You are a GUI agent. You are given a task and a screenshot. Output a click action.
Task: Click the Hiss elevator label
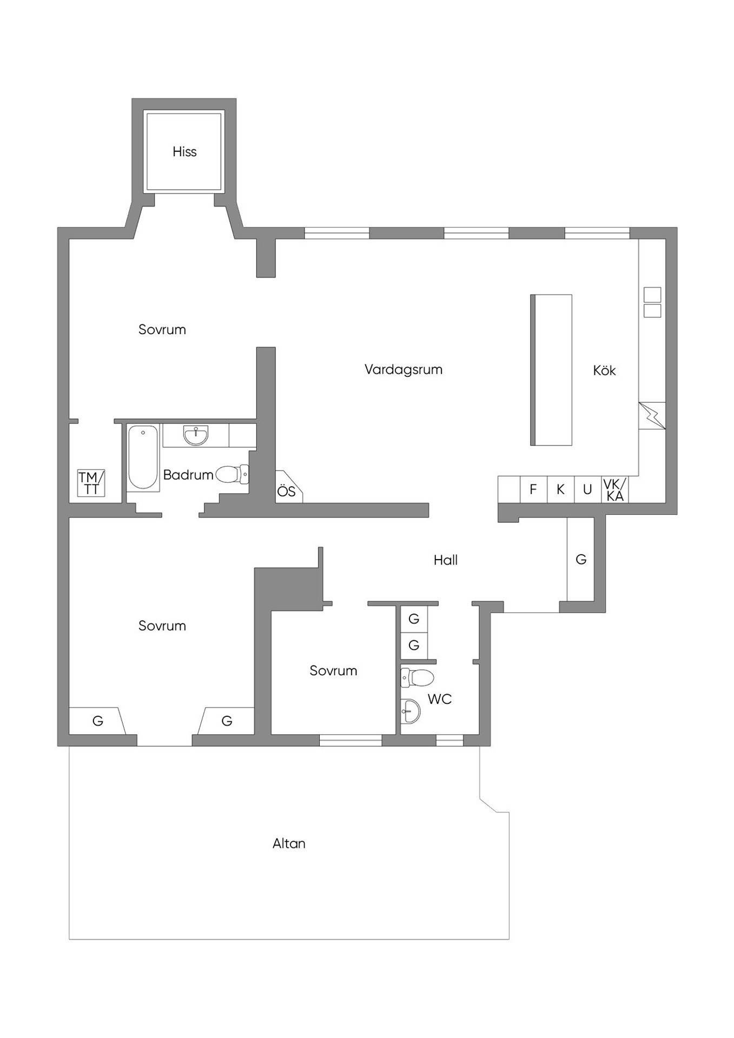pyautogui.click(x=184, y=152)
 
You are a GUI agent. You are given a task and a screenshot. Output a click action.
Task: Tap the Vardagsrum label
pyautogui.click(x=404, y=370)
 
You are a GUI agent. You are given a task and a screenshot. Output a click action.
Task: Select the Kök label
pyautogui.click(x=604, y=370)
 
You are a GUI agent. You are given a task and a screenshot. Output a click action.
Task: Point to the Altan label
pyautogui.click(x=289, y=843)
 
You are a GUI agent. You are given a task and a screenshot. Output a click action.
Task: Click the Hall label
pyautogui.click(x=446, y=560)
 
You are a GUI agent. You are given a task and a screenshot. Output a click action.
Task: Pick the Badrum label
pyautogui.click(x=188, y=475)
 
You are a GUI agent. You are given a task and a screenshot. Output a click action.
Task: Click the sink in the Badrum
pyautogui.click(x=195, y=435)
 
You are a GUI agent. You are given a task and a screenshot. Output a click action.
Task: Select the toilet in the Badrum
pyautogui.click(x=233, y=475)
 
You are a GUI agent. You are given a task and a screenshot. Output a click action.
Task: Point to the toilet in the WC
pyautogui.click(x=417, y=677)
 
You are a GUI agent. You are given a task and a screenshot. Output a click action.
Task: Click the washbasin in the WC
pyautogui.click(x=410, y=711)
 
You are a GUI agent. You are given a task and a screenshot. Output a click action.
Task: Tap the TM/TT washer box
pyautogui.click(x=91, y=483)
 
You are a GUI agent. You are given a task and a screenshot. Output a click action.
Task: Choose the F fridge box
pyautogui.click(x=533, y=489)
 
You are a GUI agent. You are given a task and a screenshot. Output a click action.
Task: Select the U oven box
pyautogui.click(x=587, y=489)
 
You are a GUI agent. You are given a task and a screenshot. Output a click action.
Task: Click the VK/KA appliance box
pyautogui.click(x=615, y=489)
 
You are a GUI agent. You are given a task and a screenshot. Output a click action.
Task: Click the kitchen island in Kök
pyautogui.click(x=551, y=370)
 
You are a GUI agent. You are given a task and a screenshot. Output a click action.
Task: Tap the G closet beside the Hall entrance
pyautogui.click(x=581, y=559)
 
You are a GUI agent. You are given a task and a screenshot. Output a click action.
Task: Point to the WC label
pyautogui.click(x=439, y=699)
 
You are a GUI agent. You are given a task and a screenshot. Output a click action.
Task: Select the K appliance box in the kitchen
pyautogui.click(x=561, y=489)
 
